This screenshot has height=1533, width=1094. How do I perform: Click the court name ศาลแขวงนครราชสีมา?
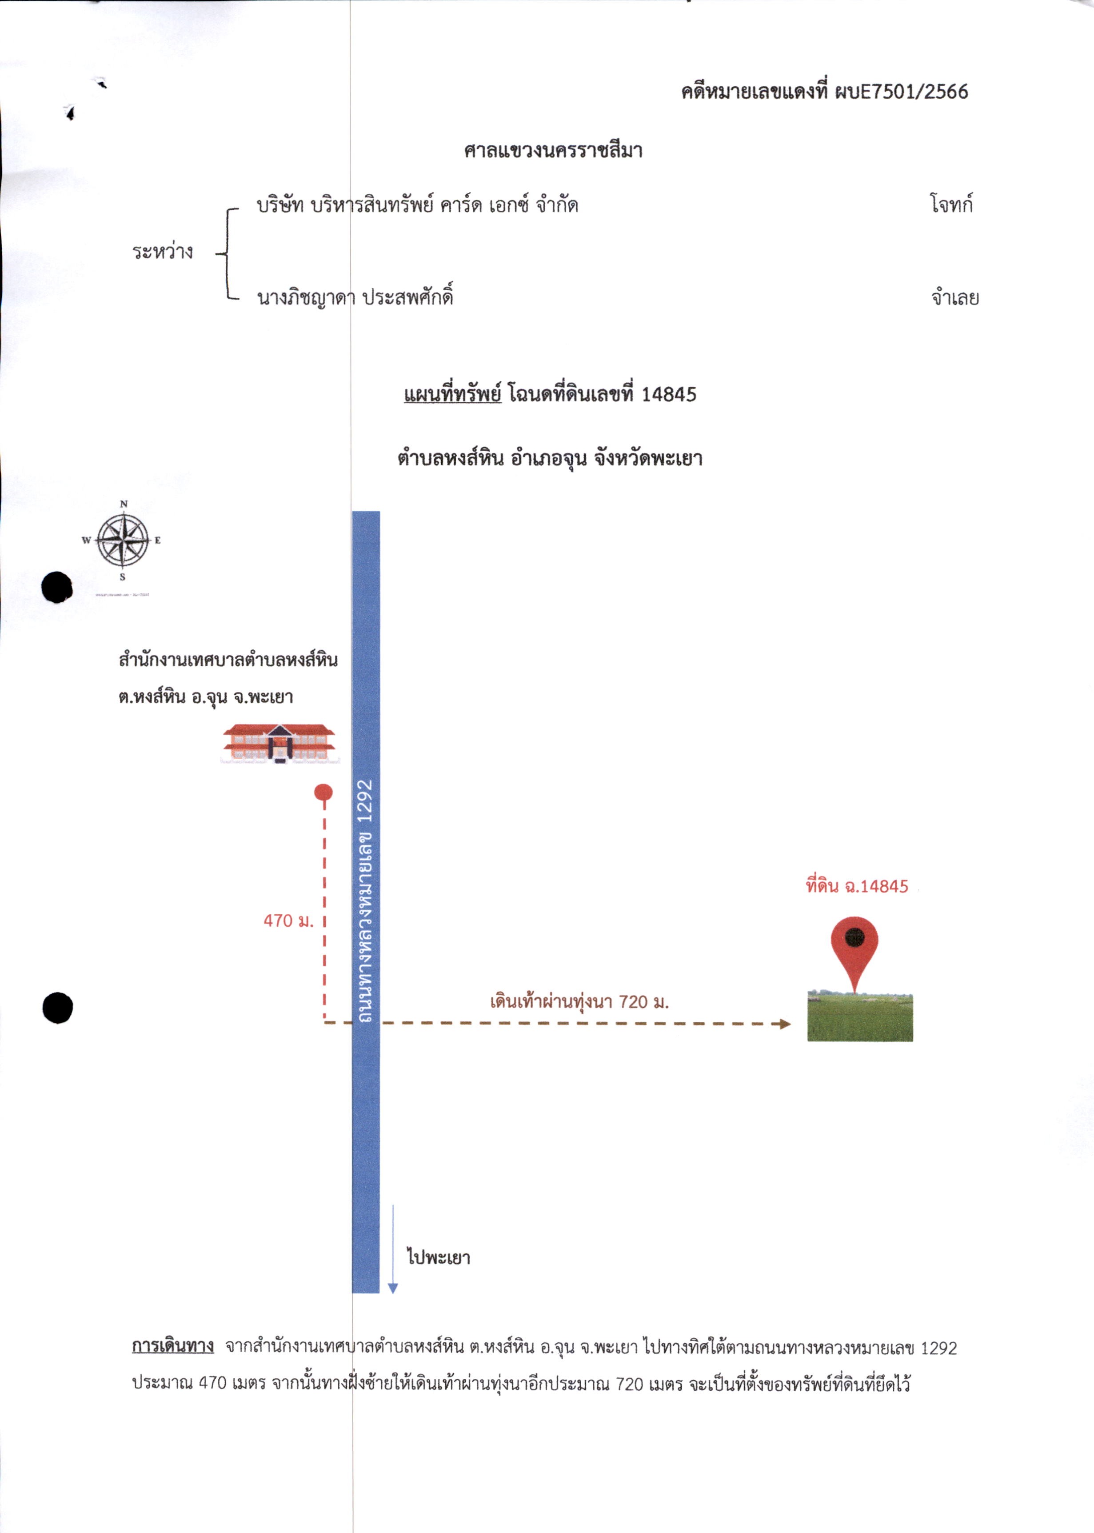pyautogui.click(x=553, y=150)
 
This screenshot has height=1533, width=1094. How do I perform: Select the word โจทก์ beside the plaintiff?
pyautogui.click(x=951, y=204)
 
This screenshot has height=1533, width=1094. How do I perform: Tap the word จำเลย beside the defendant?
pyautogui.click(x=955, y=297)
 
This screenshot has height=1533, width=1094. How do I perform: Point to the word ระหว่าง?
pyautogui.click(x=162, y=252)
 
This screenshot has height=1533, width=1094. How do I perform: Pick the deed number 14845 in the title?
pyautogui.click(x=668, y=394)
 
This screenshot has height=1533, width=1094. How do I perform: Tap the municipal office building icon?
pyautogui.click(x=279, y=743)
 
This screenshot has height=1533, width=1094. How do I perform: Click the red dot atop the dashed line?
pyautogui.click(x=323, y=793)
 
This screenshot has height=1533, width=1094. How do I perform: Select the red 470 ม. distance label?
pyautogui.click(x=288, y=921)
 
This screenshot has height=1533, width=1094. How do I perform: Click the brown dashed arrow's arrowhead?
pyautogui.click(x=785, y=1024)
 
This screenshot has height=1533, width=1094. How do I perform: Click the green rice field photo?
pyautogui.click(x=860, y=1017)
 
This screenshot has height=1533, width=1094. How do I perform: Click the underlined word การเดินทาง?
pyautogui.click(x=173, y=1346)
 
